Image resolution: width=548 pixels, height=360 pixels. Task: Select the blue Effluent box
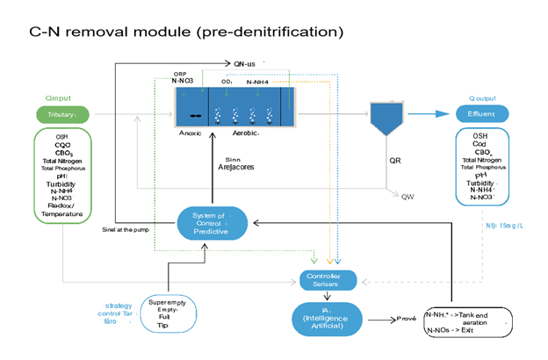479,114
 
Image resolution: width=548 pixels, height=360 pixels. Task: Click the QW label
407,196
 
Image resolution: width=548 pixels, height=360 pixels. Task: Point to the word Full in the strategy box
162,316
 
